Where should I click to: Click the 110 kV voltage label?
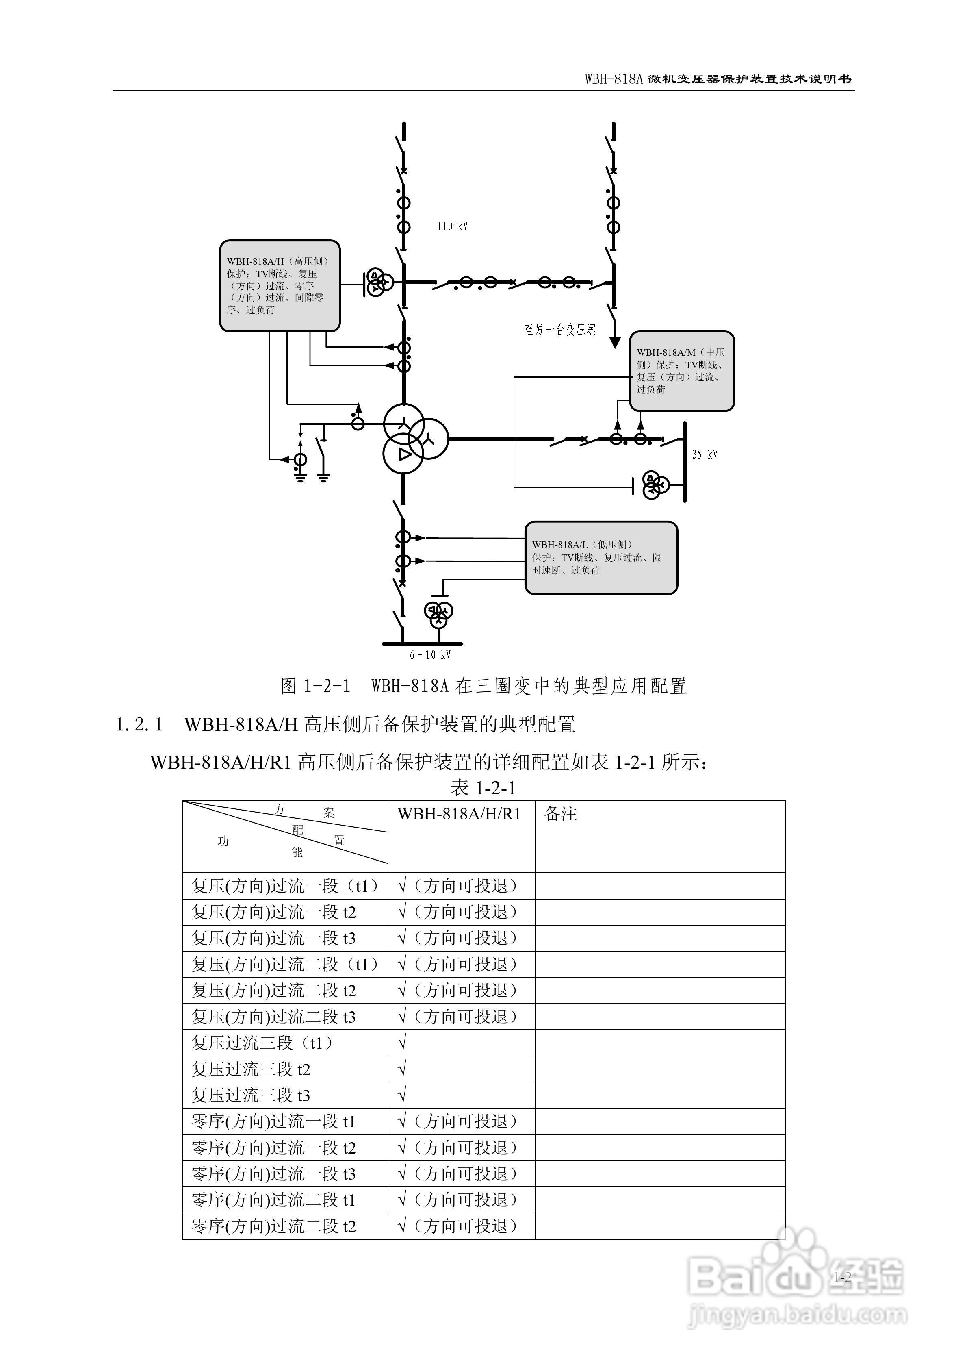pyautogui.click(x=452, y=226)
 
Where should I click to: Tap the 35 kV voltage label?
pyautogui.click(x=704, y=454)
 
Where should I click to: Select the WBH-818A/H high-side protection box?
pyautogui.click(x=280, y=286)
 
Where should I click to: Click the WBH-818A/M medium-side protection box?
pyautogui.click(x=681, y=371)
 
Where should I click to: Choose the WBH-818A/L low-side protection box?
pyautogui.click(x=601, y=558)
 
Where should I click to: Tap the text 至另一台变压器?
pyautogui.click(x=560, y=329)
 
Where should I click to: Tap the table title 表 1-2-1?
pyautogui.click(x=483, y=788)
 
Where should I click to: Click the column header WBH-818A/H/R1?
pyautogui.click(x=459, y=814)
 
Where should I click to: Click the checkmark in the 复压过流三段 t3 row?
pyautogui.click(x=402, y=1095)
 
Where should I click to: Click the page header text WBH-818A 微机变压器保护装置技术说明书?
pyautogui.click(x=718, y=79)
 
